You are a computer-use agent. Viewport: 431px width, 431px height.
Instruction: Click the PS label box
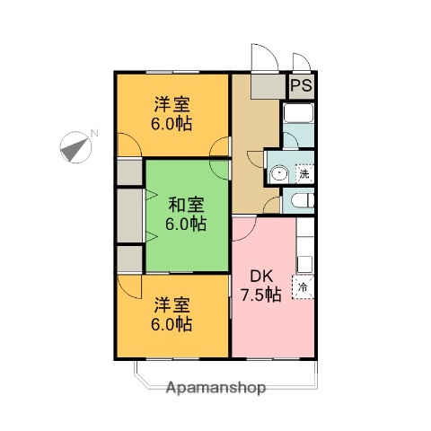pos(301,87)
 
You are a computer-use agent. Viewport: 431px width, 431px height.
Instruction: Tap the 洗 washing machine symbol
pos(304,172)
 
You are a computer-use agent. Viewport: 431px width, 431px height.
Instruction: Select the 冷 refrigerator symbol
pos(304,287)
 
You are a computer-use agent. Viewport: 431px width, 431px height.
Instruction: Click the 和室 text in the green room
pos(186,204)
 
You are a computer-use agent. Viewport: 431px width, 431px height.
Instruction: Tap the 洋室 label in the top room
pos(170,102)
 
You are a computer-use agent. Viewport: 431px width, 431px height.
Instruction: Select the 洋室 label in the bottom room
pos(170,303)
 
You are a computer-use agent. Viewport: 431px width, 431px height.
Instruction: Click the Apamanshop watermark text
pos(215,390)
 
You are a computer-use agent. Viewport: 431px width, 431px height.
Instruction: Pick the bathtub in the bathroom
pos(297,114)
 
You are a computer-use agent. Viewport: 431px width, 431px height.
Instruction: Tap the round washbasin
pos(280,173)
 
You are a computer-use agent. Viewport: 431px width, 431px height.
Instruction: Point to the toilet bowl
pos(299,201)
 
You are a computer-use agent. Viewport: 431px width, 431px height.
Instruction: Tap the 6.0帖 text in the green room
pos(186,224)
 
